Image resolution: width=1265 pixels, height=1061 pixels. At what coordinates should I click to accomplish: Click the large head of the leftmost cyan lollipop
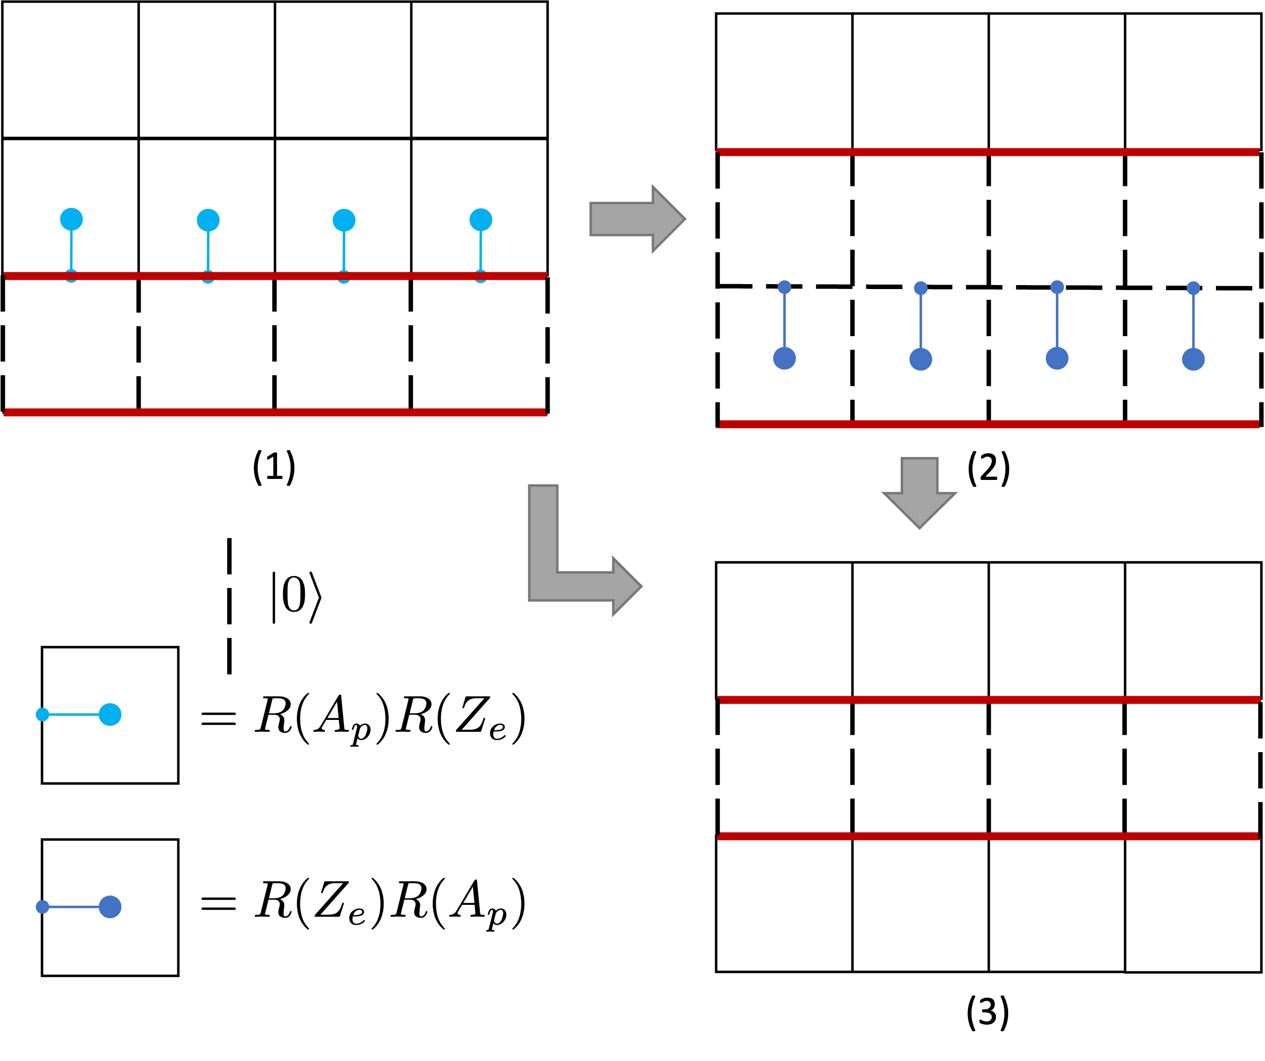click(71, 219)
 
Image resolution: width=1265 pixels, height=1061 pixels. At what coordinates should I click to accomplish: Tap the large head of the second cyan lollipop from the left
click(208, 221)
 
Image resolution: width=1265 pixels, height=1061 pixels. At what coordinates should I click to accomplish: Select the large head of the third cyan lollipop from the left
click(344, 221)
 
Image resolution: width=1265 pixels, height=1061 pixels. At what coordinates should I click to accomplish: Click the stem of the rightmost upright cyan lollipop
click(481, 250)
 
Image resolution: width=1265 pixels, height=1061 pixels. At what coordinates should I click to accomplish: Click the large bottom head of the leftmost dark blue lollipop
click(784, 358)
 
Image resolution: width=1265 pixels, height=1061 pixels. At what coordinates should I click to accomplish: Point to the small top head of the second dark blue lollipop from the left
click(920, 288)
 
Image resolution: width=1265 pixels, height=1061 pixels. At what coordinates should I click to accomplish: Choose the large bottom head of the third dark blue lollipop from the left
click(1057, 358)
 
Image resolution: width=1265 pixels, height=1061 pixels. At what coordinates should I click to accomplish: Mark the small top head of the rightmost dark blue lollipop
click(1193, 288)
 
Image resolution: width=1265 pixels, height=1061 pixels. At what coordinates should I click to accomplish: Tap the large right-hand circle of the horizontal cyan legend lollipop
click(110, 714)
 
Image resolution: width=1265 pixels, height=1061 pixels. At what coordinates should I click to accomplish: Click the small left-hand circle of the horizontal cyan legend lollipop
click(42, 714)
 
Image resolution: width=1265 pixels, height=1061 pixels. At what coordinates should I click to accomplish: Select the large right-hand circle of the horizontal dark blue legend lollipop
click(110, 907)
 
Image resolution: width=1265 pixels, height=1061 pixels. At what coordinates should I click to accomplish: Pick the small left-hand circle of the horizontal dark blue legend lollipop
click(42, 907)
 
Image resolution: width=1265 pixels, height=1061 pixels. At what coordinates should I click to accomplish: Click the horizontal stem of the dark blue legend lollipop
click(73, 907)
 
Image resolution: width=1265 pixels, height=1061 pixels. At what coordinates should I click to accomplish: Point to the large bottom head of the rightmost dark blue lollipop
click(1193, 359)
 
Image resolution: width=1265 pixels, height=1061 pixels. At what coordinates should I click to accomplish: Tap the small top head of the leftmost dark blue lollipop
click(784, 287)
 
